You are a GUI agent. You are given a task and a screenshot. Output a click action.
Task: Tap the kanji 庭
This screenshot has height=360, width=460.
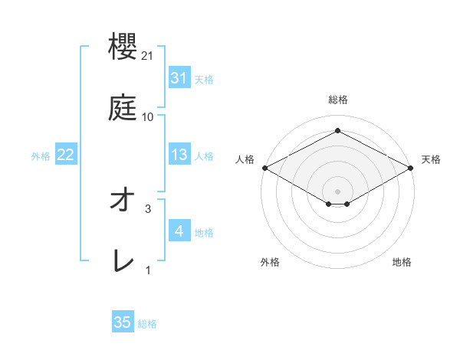(123, 108)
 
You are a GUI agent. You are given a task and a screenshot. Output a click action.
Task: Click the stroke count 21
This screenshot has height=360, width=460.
(149, 56)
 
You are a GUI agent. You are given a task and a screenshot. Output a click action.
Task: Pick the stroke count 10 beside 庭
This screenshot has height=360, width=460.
(148, 116)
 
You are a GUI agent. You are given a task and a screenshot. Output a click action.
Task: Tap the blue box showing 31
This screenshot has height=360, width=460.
(179, 78)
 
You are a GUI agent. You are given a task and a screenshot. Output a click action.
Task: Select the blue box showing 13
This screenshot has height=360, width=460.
(179, 155)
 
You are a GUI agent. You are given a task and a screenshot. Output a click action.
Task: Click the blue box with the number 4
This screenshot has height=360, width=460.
(179, 231)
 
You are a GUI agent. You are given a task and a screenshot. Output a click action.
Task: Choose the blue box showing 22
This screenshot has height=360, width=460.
(65, 155)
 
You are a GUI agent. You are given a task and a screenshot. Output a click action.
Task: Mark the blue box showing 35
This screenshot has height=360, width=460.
(123, 322)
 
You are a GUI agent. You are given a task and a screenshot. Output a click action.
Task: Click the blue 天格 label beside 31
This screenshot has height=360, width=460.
(204, 79)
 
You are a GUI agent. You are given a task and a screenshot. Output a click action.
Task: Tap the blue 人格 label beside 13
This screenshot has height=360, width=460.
(204, 155)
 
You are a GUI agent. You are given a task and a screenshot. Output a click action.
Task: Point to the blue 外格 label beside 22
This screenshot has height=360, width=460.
(41, 155)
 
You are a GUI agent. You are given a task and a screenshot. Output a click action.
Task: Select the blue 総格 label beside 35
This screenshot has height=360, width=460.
(147, 323)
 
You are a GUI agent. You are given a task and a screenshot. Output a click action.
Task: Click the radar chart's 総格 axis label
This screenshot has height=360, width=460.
(337, 100)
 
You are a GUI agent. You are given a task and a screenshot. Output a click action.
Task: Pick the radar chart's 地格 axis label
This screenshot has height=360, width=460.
(402, 262)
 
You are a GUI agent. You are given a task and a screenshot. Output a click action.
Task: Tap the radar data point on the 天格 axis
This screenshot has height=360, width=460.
(411, 167)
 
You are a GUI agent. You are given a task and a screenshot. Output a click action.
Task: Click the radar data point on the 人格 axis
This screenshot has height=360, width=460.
(264, 167)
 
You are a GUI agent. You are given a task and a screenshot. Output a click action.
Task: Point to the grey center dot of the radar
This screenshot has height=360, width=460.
(337, 191)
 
